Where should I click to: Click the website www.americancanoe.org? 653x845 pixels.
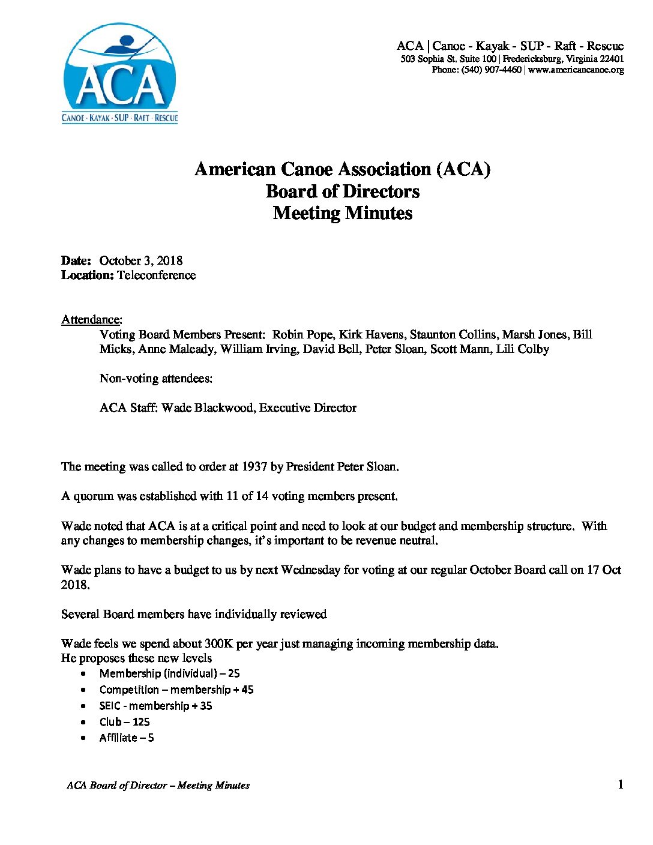click(576, 70)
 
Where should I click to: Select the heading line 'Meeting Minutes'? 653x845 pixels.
click(342, 213)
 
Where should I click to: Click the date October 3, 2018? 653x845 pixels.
click(141, 260)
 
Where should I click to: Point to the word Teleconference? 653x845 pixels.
click(156, 275)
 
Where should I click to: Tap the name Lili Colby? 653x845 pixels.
click(522, 349)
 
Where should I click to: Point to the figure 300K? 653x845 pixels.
click(218, 644)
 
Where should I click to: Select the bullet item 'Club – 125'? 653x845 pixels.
click(124, 722)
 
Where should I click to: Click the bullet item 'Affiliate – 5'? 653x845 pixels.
click(127, 738)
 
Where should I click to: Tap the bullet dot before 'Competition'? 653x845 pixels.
click(83, 690)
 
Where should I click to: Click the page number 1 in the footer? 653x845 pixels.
click(620, 784)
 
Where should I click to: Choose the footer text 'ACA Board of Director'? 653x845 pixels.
click(116, 785)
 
